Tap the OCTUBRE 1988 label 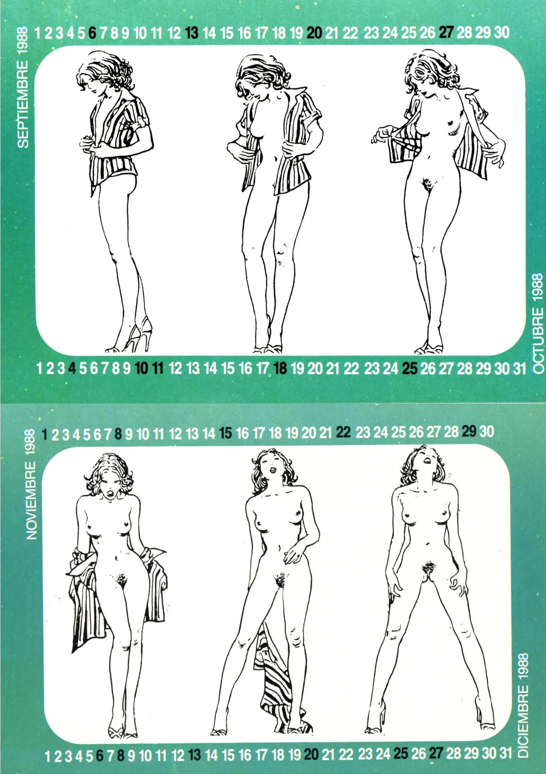[x=538, y=323]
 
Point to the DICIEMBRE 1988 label [x=523, y=705]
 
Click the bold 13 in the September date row [x=192, y=33]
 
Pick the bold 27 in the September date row [x=446, y=32]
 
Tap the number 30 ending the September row [x=502, y=32]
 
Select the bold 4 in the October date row [x=72, y=368]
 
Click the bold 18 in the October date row [x=280, y=368]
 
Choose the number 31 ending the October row [x=519, y=368]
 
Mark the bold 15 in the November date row [x=225, y=433]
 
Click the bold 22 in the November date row [x=343, y=432]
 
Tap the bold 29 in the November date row [x=469, y=431]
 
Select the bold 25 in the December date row [x=401, y=754]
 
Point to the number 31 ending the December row [x=505, y=753]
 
